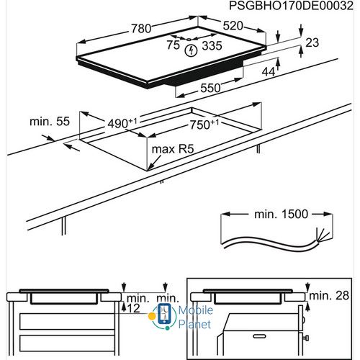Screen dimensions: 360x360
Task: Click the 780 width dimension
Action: click(x=142, y=29)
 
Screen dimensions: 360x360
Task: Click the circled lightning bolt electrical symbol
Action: click(x=191, y=51)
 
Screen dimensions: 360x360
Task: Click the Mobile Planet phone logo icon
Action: click(x=163, y=315)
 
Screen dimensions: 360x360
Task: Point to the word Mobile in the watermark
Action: click(x=195, y=311)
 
